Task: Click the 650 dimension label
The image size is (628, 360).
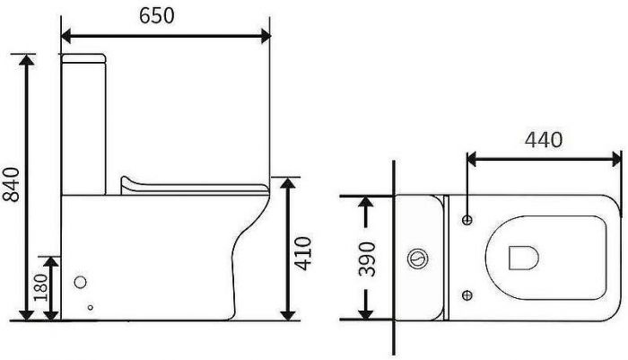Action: click(157, 16)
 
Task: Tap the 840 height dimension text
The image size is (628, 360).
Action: click(11, 184)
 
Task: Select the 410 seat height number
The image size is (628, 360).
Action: click(302, 253)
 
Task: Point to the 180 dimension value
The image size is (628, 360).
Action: click(40, 287)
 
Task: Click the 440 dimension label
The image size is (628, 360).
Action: click(544, 140)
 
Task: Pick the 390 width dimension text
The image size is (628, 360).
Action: click(367, 259)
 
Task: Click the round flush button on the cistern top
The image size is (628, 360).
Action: click(418, 259)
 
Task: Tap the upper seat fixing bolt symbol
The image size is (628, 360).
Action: click(467, 220)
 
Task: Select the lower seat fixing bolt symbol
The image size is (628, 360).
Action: click(467, 295)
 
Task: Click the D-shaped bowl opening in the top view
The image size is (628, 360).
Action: click(523, 258)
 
